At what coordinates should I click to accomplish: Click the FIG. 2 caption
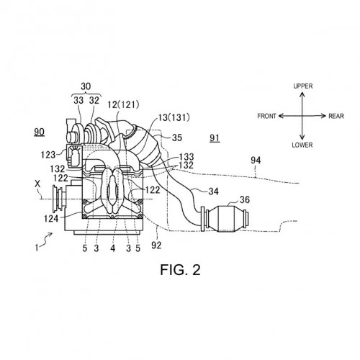[x=180, y=269]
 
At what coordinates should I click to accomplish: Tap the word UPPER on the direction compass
[x=303, y=86]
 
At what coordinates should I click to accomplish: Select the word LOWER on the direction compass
[x=302, y=145]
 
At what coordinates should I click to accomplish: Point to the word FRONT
[x=266, y=116]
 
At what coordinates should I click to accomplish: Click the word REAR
[x=336, y=116]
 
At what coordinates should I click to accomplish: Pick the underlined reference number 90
[x=39, y=132]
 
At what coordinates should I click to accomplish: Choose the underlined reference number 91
[x=215, y=138]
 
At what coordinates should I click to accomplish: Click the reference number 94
[x=256, y=161]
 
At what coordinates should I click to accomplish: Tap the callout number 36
[x=244, y=199]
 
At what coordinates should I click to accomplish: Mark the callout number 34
[x=213, y=192]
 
